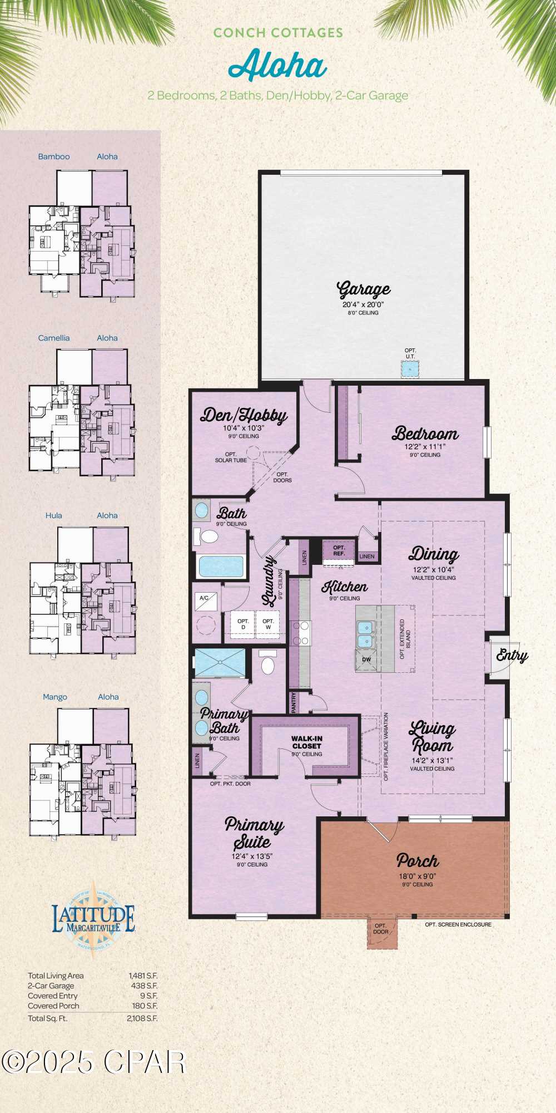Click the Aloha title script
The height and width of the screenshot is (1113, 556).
pyautogui.click(x=278, y=66)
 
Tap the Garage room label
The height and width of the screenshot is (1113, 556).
pyautogui.click(x=364, y=290)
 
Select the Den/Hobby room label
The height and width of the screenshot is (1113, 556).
pyautogui.click(x=244, y=416)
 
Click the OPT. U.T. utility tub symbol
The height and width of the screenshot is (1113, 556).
pyautogui.click(x=410, y=369)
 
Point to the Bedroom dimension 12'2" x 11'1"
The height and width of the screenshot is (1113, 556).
pyautogui.click(x=425, y=446)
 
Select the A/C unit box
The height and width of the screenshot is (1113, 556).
pyautogui.click(x=204, y=598)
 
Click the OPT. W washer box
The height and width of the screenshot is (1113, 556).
pyautogui.click(x=268, y=624)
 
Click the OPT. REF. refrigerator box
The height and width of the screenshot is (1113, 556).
pyautogui.click(x=339, y=551)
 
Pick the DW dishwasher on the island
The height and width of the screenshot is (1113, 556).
pyautogui.click(x=366, y=660)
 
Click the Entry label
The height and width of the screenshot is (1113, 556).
pyautogui.click(x=512, y=656)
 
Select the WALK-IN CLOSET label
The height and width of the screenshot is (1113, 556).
pyautogui.click(x=307, y=742)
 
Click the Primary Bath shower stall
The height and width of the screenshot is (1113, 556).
pyautogui.click(x=220, y=662)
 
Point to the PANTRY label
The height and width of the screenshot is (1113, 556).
pyautogui.click(x=294, y=702)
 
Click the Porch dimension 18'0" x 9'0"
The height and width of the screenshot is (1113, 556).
pyautogui.click(x=417, y=875)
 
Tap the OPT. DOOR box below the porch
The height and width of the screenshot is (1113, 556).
pyautogui.click(x=381, y=929)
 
